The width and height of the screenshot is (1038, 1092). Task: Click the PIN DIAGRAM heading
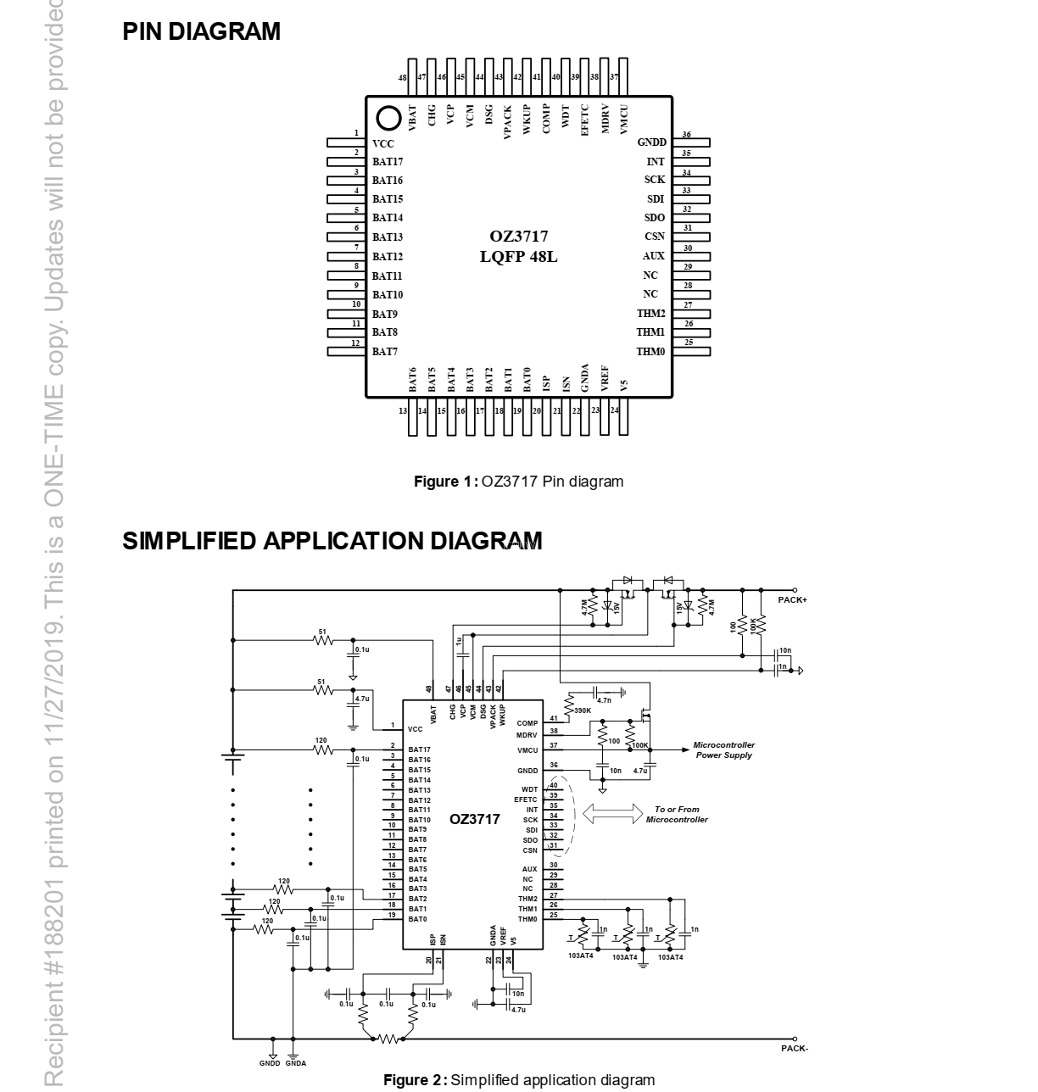point(201,32)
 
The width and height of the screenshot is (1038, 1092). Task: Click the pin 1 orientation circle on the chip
point(388,117)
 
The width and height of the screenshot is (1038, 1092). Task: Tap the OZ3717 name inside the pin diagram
point(518,237)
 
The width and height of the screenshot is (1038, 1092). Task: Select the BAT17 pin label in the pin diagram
point(388,162)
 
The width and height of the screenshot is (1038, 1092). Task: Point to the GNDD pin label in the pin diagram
point(651,142)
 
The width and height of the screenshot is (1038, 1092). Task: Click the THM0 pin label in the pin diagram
point(650,351)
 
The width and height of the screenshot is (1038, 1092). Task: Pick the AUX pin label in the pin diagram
point(653,256)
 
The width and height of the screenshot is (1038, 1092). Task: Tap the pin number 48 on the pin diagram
point(403,77)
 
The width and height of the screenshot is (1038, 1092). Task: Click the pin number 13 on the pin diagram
point(403,411)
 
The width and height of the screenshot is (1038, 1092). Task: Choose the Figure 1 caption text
point(518,482)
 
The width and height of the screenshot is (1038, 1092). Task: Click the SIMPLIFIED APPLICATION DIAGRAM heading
point(332,541)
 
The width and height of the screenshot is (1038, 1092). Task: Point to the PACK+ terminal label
point(792,600)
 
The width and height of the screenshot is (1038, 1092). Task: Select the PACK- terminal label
point(794,1049)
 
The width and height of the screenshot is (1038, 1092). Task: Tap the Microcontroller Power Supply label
point(723,750)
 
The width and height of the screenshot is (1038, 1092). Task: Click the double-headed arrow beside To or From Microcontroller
point(613,814)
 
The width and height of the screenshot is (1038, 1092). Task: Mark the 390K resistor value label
point(583,710)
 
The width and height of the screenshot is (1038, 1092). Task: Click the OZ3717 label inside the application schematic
point(475,819)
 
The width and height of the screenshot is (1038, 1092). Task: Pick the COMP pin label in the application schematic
point(527,723)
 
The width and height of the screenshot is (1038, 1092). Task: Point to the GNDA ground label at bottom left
point(296,1062)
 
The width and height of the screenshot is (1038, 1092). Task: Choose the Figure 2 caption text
point(519,1080)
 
